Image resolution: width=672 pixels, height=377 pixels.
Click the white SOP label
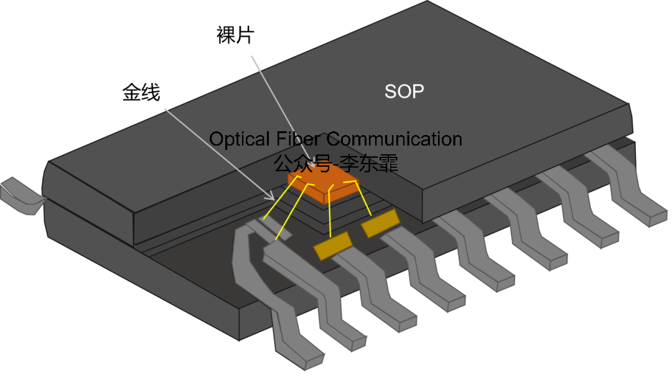(x=404, y=91)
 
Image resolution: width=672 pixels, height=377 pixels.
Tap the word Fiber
(x=300, y=139)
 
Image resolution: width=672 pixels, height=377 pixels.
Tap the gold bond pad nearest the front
(x=333, y=245)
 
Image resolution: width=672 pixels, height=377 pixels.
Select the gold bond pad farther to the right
(x=380, y=223)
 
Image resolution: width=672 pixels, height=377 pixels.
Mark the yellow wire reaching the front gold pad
(x=330, y=212)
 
